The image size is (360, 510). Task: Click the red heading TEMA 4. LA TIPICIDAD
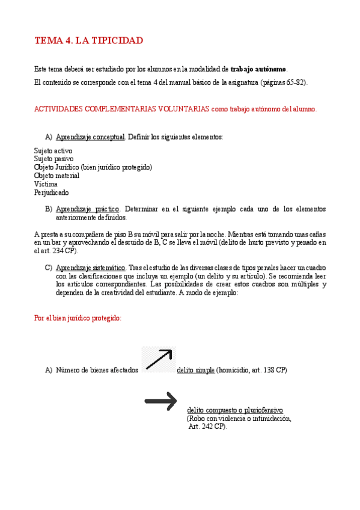[x=89, y=41]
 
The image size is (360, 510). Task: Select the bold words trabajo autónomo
[x=258, y=70]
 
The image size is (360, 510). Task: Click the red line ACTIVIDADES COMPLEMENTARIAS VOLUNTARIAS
[x=121, y=109]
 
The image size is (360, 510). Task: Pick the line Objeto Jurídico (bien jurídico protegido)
[x=93, y=167]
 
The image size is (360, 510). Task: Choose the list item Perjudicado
[x=52, y=192]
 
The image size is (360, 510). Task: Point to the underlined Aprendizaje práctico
[x=88, y=209]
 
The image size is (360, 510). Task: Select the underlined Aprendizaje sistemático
[x=91, y=267]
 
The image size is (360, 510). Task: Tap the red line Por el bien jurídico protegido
[x=78, y=318]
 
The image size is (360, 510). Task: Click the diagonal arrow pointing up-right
[x=159, y=359]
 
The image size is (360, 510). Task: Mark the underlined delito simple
[x=196, y=370]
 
